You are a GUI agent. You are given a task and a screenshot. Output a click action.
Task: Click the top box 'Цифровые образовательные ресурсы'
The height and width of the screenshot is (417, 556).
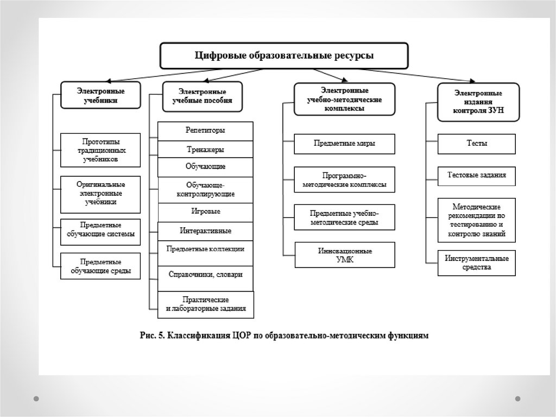(x=284, y=56)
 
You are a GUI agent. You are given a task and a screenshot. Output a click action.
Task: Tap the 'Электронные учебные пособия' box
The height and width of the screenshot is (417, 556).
(x=202, y=96)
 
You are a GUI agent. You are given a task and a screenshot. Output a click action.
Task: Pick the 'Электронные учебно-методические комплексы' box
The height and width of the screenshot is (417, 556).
(x=345, y=99)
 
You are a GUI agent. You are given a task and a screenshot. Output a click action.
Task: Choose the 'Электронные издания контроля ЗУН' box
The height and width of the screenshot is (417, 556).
(x=478, y=102)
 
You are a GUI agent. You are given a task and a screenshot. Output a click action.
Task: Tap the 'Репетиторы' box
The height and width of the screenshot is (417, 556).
(x=205, y=131)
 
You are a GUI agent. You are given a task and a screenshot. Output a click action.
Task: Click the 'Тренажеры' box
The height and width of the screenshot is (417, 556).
(x=205, y=150)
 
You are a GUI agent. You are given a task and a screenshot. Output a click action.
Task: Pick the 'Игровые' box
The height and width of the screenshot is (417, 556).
(x=205, y=211)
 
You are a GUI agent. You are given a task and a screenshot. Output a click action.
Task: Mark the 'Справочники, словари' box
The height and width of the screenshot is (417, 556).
(x=205, y=274)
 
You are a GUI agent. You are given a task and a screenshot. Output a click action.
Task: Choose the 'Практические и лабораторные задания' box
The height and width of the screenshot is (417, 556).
(x=205, y=304)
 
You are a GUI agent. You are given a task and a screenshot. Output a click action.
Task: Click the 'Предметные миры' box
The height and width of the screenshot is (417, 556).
(x=344, y=144)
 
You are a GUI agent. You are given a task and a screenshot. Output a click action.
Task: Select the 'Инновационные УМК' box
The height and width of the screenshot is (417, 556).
(x=344, y=256)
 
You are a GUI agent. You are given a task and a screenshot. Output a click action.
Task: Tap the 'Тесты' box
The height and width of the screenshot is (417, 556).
(x=477, y=144)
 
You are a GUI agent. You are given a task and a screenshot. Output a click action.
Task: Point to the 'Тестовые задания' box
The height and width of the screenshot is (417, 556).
(x=477, y=176)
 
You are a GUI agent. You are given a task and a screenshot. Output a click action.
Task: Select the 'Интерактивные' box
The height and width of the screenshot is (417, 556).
(x=205, y=231)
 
